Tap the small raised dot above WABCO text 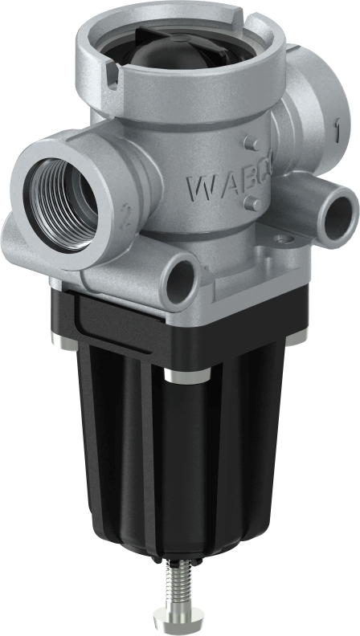click(x=253, y=144)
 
